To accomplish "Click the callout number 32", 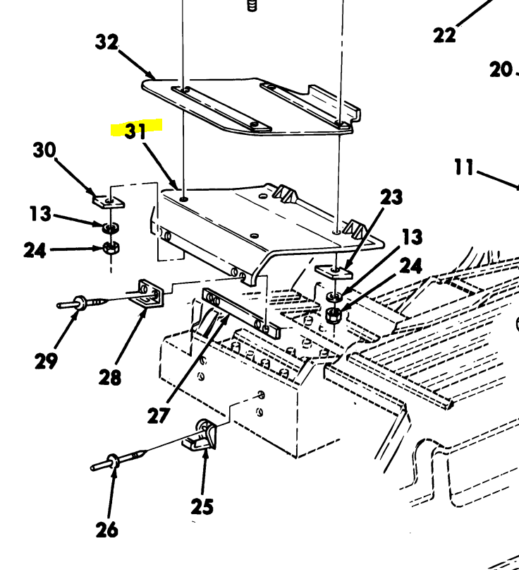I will click(106, 43).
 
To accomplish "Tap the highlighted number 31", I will click(136, 131).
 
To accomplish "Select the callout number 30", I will click(44, 150).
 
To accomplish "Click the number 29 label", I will click(47, 361).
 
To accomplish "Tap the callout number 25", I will click(202, 506).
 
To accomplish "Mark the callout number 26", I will click(106, 529).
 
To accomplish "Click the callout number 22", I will click(444, 35).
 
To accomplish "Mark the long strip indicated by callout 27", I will click(240, 311).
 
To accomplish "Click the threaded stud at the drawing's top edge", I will click(250, 6).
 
